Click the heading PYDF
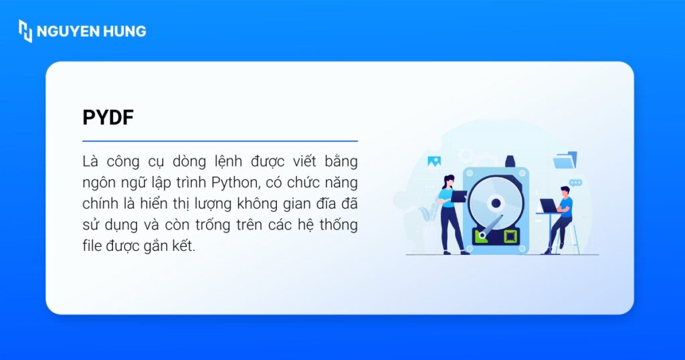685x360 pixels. coord(108,117)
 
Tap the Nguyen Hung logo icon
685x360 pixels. coord(25,31)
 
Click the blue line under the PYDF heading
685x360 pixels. coord(220,141)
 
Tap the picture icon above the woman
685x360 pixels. coord(434,161)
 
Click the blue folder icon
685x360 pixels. coord(565,161)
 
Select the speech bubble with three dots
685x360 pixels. coord(575,182)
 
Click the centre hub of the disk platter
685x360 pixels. coord(496,203)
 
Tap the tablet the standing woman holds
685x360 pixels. coord(460,196)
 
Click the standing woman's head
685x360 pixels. coord(449,181)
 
